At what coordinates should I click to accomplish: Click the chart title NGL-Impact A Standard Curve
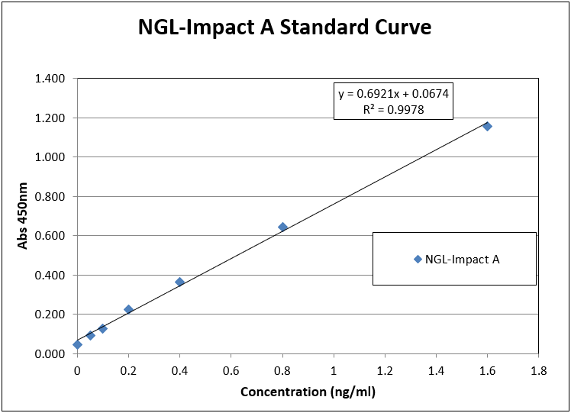285,28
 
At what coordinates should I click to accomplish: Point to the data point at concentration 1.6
487,126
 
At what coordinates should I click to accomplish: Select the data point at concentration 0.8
282,227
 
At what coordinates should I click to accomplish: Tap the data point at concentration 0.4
179,282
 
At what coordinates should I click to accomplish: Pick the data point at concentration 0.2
128,309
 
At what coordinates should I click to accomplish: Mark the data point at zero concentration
77,344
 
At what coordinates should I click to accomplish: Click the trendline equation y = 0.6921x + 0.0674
394,95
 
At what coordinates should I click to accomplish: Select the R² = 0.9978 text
394,110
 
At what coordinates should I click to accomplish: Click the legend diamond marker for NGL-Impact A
418,259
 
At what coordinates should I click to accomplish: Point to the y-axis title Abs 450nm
24,215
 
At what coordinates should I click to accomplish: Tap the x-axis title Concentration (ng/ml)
308,392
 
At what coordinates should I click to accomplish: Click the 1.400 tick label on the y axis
51,79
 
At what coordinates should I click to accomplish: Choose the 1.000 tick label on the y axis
51,157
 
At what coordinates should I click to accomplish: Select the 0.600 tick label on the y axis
51,236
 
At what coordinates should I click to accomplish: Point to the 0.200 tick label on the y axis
51,315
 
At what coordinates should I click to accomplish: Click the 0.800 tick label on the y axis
51,197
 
